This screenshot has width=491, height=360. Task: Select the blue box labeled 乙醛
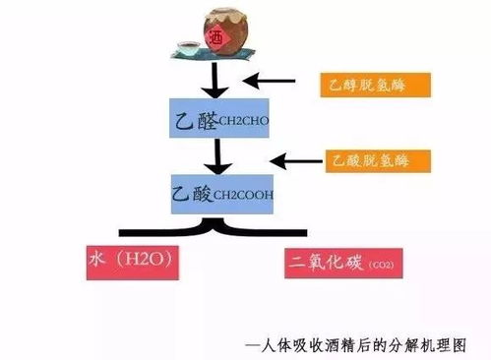218,119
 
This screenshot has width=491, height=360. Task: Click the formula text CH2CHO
238,121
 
